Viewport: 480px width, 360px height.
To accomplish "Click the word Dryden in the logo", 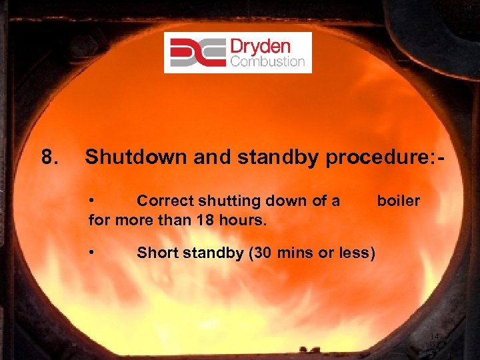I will [x=260, y=46].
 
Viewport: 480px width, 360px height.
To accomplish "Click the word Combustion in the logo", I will [x=267, y=62].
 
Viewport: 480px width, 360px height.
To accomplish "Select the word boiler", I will [x=399, y=201].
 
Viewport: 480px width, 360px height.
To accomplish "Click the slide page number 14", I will [x=434, y=337].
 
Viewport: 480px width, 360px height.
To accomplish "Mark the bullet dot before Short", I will [x=93, y=253].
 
